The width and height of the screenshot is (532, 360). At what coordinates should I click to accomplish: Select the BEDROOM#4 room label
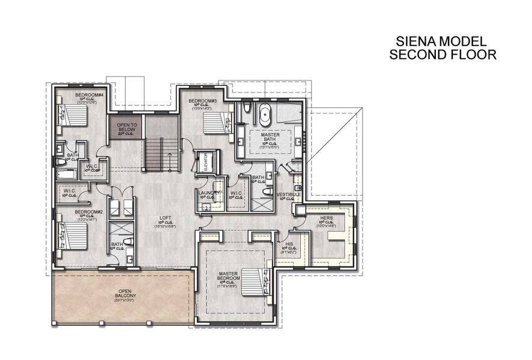[89, 95]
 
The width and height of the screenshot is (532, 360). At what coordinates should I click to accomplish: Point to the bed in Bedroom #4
[71, 113]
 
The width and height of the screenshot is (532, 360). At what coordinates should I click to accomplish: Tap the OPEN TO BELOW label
[127, 127]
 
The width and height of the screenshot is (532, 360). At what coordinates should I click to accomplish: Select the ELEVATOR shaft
[205, 161]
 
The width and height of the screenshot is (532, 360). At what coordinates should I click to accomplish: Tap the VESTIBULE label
[289, 194]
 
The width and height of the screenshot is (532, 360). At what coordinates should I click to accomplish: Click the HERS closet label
[327, 218]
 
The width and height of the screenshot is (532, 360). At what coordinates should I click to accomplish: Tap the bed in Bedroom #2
[71, 236]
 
